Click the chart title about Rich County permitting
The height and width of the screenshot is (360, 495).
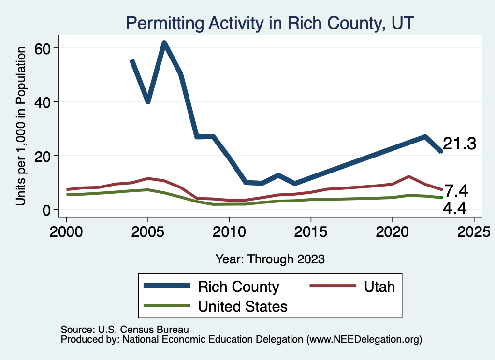point(270,23)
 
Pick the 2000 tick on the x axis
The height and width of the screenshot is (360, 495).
point(66,228)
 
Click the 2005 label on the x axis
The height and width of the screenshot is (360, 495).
point(148,228)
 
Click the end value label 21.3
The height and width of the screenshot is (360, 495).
point(460,144)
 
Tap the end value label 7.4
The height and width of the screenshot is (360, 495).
point(456,191)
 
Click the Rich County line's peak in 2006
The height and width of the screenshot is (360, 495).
point(164,43)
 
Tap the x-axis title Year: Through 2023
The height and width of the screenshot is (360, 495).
point(270,259)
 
